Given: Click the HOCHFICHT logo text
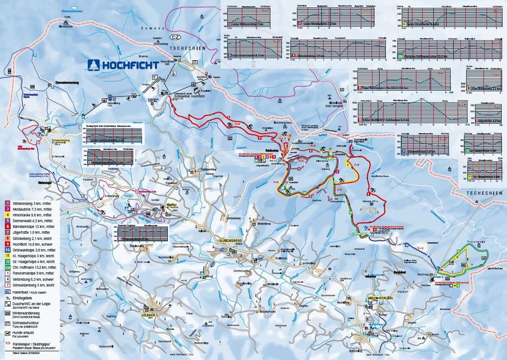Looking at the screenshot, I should [x=129, y=65].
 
